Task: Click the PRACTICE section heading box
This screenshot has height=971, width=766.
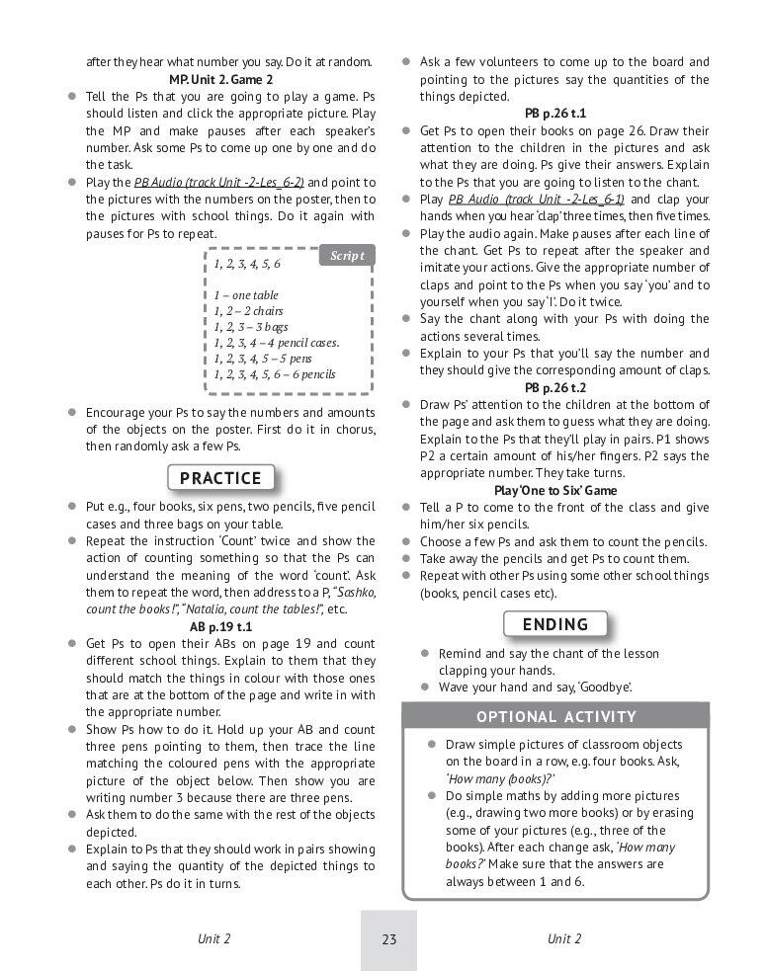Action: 220,478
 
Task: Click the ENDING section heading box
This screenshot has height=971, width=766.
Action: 554,624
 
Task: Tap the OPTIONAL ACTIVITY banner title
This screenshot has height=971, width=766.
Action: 556,717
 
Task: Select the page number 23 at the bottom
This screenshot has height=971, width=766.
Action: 388,939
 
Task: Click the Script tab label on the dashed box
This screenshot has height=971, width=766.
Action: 346,256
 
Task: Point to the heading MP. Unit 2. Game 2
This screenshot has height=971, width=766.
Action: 220,79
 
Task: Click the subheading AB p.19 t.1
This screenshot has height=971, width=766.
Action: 220,626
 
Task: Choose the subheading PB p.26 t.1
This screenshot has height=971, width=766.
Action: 554,114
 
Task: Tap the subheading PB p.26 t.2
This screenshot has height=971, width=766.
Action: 554,387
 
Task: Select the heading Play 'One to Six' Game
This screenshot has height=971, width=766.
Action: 554,490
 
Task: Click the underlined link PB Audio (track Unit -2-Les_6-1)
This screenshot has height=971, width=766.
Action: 537,199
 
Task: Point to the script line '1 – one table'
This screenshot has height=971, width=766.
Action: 246,295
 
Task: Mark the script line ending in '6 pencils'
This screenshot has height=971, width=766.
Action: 275,374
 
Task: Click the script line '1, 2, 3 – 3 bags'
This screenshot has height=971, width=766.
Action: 251,327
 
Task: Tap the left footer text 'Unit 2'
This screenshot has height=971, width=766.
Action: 213,939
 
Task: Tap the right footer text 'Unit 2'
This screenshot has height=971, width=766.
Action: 564,939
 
